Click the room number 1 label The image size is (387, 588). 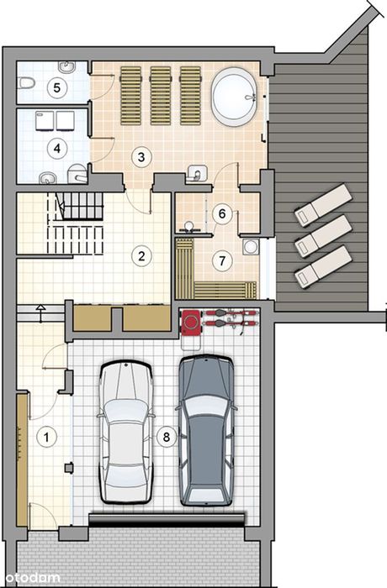click(46, 438)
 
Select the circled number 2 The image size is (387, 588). click(141, 256)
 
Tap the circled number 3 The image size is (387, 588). click(141, 157)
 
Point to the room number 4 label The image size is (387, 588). click(56, 149)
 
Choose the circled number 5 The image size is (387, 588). click(56, 87)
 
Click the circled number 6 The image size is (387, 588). click(222, 213)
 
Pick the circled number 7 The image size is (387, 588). click(222, 260)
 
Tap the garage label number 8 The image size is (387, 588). click(167, 437)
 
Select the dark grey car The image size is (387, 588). click(206, 430)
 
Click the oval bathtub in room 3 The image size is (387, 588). click(235, 97)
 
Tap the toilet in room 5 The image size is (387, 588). click(26, 82)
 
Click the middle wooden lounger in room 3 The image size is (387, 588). click(161, 96)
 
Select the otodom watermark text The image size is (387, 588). click(30, 578)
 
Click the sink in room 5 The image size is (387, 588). click(66, 66)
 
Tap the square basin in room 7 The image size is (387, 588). click(251, 247)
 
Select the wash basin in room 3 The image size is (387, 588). click(197, 172)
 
